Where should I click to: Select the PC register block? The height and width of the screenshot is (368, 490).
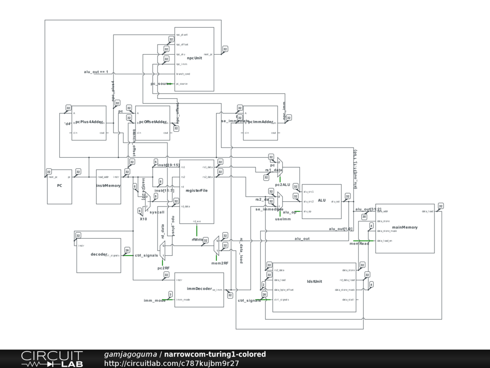tap(59, 186)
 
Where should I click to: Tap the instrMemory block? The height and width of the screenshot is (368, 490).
tap(108, 186)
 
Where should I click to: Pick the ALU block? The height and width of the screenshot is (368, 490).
tap(322, 201)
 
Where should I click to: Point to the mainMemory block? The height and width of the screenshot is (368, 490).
tap(405, 228)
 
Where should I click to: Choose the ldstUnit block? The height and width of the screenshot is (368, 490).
tap(314, 287)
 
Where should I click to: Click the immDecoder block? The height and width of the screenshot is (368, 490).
tap(199, 289)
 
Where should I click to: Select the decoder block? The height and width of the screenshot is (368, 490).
tap(99, 255)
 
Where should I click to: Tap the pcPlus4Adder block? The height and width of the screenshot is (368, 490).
tap(89, 123)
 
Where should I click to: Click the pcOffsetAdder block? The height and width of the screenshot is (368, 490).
tap(153, 123)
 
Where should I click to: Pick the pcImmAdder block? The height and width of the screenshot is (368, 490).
tap(260, 123)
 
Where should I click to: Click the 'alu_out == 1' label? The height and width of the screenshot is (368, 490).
tap(96, 72)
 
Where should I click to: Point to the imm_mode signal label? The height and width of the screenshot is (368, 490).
tap(155, 300)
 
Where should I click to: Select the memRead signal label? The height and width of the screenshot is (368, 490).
tap(359, 244)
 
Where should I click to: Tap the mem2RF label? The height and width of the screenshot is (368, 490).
tap(220, 263)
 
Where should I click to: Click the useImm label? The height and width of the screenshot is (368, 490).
tap(283, 219)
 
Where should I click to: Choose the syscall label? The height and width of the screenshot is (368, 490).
tap(157, 212)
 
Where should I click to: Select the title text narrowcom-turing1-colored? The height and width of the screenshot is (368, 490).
tap(215, 355)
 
